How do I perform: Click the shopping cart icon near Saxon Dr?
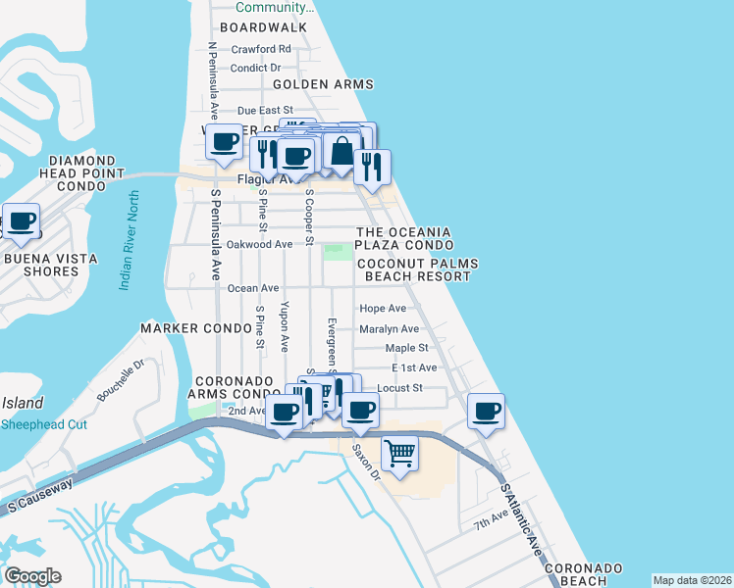pyautogui.click(x=399, y=454)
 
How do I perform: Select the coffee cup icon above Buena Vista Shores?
pyautogui.click(x=22, y=222)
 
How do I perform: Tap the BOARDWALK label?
pyautogui.click(x=263, y=28)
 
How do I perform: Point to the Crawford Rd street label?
pyautogui.click(x=261, y=49)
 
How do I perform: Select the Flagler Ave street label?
pyautogui.click(x=267, y=180)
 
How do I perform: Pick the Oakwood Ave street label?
pyautogui.click(x=260, y=244)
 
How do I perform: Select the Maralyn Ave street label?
pyautogui.click(x=390, y=329)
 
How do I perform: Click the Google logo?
pyautogui.click(x=32, y=575)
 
